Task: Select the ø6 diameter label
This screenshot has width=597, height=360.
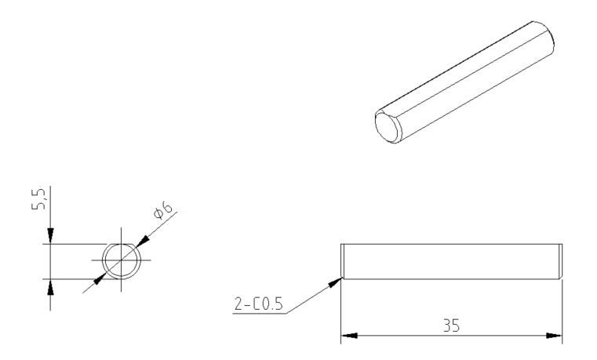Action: [162, 209]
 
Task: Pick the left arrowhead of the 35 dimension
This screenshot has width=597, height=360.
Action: [349, 335]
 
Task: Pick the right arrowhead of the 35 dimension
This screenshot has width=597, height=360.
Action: [554, 335]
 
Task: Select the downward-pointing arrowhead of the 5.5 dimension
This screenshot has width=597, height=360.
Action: [51, 236]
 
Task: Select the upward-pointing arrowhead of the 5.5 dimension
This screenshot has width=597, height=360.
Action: [51, 286]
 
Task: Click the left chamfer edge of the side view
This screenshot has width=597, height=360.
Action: [344, 261]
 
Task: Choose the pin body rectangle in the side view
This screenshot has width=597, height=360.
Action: [452, 261]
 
